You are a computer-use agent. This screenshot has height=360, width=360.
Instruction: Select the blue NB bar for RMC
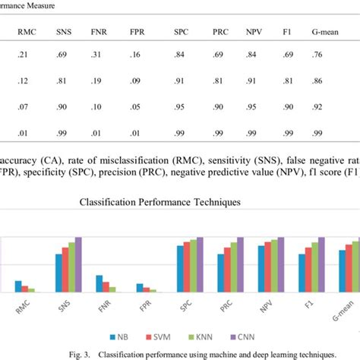pyautogui.click(x=18, y=286)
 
